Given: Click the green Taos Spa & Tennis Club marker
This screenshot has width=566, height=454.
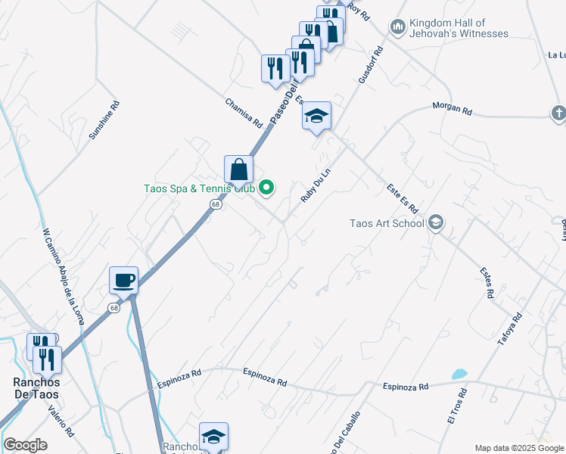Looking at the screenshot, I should tap(266, 187).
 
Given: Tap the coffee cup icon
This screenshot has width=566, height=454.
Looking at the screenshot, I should tap(124, 281).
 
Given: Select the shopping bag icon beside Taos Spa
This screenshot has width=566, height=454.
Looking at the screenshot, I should tap(238, 170).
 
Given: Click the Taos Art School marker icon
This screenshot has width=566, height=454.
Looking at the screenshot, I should tap(435, 222).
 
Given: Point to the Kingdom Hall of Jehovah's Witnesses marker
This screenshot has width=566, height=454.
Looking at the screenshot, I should tap(398, 28).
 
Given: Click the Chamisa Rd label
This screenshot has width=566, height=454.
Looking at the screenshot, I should tap(243, 113).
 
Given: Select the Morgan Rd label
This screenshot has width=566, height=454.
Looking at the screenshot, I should tap(452, 109).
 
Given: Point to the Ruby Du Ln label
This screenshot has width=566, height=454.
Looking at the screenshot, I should tap(316, 185).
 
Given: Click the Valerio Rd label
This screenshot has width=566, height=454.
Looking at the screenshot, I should tap(61, 421).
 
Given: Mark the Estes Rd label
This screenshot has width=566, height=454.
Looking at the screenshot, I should tap(487, 281).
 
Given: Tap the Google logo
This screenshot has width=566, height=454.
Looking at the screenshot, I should tap(25, 445).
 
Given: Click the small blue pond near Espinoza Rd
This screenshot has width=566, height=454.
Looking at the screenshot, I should tap(459, 375).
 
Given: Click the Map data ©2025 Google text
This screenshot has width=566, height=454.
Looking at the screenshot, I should tap(519, 448).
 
